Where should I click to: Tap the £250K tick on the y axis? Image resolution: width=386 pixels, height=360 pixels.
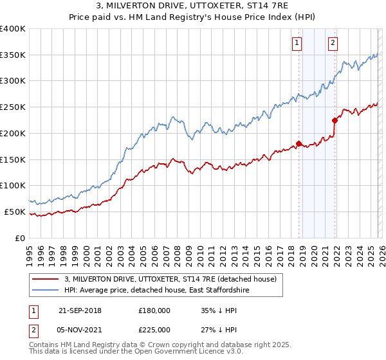13,107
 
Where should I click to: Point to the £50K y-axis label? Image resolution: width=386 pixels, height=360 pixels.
15,212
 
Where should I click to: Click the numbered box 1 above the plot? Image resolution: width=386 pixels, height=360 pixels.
297,43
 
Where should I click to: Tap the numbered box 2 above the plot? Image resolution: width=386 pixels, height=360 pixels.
333,43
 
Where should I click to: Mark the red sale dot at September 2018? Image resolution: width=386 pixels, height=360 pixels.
299,143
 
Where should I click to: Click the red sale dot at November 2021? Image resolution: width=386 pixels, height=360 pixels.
335,120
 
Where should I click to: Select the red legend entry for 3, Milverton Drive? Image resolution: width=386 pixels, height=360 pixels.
170,279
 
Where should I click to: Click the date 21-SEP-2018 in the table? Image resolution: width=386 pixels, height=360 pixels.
79,310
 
